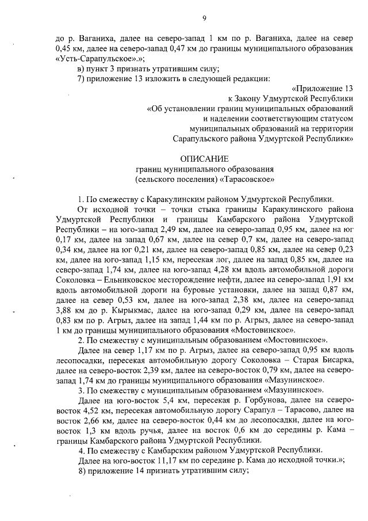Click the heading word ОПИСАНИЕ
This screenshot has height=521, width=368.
(204, 158)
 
